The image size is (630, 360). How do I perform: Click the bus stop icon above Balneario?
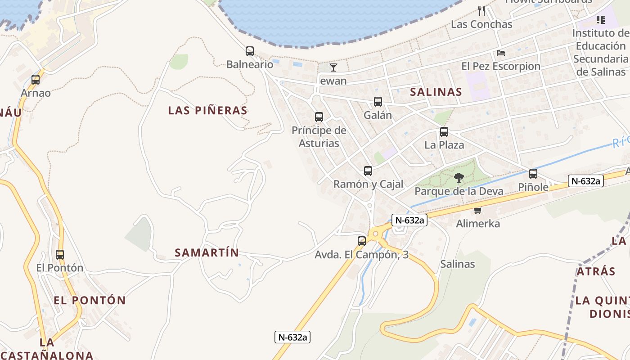tap(250, 51)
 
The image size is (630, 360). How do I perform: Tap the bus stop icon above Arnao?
tap(36, 80)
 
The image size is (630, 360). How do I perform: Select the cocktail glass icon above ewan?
tap(333, 67)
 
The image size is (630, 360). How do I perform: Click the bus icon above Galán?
tap(378, 102)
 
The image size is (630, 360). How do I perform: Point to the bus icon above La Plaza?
tap(444, 132)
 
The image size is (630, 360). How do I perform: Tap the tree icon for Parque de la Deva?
tap(459, 178)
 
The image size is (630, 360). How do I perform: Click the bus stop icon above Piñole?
tap(533, 174)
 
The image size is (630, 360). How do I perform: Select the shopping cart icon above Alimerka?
tap(477, 210)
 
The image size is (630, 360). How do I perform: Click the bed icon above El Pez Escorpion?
tap(501, 53)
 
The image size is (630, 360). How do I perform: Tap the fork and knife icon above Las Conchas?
tap(481, 10)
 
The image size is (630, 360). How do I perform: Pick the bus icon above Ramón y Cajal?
tap(368, 171)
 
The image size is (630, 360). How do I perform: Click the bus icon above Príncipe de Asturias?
tap(319, 117)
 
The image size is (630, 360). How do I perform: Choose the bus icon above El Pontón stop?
tap(60, 255)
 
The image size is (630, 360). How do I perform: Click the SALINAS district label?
tap(436, 92)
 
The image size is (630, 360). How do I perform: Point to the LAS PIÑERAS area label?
tap(208, 110)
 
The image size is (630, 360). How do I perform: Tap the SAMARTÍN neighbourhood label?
tap(207, 252)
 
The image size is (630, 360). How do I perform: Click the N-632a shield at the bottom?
tap(293, 337)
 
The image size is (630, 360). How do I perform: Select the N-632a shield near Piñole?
tap(585, 181)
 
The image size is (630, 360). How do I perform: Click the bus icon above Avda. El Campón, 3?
tap(362, 241)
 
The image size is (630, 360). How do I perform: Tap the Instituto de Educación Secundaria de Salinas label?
tap(601, 52)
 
